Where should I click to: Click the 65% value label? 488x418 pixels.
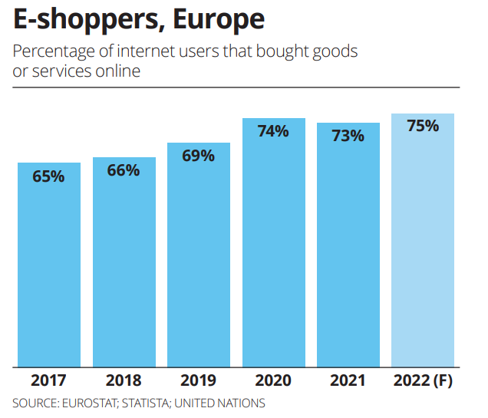48,176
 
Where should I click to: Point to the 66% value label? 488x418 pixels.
124,170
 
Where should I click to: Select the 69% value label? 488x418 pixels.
198,156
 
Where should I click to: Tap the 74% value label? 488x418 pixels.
273,131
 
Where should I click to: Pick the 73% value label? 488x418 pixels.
348,136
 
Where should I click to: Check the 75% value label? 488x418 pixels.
423,126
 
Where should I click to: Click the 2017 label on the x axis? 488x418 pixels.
48,380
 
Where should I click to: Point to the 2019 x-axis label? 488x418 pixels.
198,380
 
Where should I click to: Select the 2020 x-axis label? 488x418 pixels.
273,380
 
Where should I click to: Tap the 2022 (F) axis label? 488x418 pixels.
423,380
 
